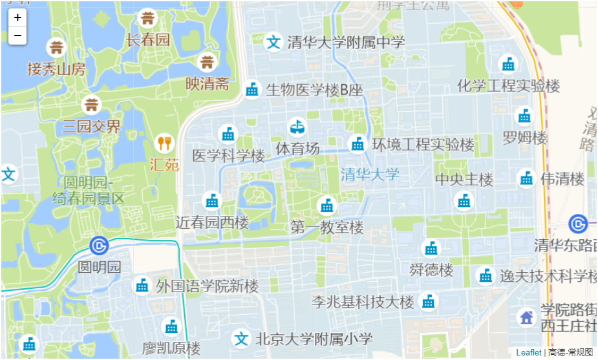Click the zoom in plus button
[17, 17]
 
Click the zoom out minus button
[17, 35]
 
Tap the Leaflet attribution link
[528, 352]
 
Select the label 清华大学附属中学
[346, 43]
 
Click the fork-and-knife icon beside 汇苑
[165, 143]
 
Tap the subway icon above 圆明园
[99, 246]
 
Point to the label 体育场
[297, 148]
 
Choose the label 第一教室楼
[327, 227]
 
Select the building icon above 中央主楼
[464, 201]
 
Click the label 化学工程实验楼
[508, 85]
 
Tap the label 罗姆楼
[524, 138]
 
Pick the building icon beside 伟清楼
[526, 178]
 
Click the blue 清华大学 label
[370, 174]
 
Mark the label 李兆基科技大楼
[363, 302]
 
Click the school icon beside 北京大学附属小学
[241, 338]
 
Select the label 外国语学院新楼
[207, 286]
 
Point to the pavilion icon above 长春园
[148, 17]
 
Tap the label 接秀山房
[56, 69]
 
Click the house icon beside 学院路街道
[526, 317]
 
